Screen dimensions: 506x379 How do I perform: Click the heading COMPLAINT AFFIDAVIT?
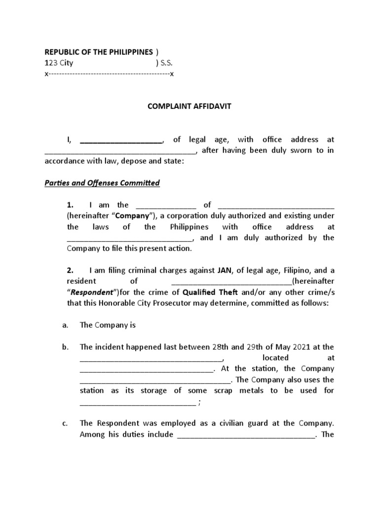click(x=189, y=106)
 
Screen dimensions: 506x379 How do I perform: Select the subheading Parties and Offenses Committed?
click(x=102, y=183)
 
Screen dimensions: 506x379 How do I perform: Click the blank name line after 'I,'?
click(x=121, y=140)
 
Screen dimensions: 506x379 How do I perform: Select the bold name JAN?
click(x=223, y=270)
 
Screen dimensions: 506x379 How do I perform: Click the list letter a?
click(x=65, y=325)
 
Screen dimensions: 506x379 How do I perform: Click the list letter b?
click(x=65, y=347)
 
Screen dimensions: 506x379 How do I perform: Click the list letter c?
click(x=65, y=423)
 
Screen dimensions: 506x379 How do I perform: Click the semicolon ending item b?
click(x=199, y=402)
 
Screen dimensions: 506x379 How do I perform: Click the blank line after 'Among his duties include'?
click(x=245, y=435)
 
